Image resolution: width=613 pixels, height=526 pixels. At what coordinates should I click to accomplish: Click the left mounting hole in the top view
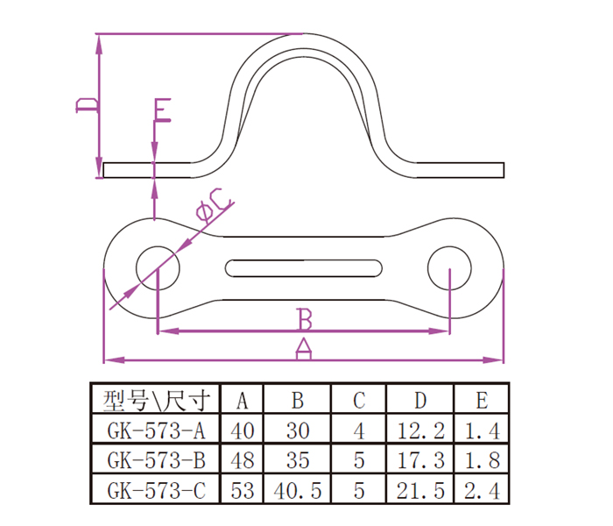(158, 268)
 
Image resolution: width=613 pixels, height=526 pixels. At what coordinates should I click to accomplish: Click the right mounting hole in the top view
(449, 268)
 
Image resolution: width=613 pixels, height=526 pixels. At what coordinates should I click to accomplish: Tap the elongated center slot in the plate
(304, 268)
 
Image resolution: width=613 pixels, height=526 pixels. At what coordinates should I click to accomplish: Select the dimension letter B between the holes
(305, 319)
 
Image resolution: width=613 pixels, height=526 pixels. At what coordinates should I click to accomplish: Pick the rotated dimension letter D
(88, 106)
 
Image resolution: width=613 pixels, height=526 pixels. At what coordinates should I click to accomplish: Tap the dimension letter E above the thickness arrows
(162, 110)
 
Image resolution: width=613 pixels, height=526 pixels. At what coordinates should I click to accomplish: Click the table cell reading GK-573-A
(156, 431)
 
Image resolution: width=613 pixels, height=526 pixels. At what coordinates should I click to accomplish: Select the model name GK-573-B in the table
(156, 460)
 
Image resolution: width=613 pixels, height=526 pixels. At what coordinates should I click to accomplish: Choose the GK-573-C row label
(156, 490)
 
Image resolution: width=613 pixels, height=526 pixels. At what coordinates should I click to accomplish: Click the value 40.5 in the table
(298, 491)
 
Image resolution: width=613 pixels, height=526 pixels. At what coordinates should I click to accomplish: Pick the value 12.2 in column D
(420, 431)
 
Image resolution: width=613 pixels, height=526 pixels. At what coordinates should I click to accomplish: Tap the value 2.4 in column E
(482, 491)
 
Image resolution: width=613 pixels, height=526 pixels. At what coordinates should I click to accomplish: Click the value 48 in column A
(243, 460)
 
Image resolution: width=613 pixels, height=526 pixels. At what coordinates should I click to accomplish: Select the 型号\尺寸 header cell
(157, 401)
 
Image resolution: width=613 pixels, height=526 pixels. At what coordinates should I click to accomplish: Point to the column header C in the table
(359, 401)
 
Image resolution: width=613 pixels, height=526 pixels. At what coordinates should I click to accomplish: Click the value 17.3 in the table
(420, 460)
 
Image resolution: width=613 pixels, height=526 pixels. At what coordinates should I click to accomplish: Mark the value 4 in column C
(359, 431)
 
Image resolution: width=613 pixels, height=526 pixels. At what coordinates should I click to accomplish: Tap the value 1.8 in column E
(482, 460)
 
